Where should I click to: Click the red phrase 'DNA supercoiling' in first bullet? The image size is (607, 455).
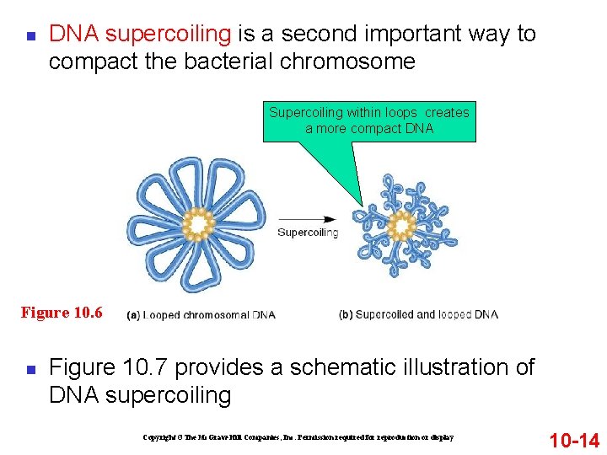click(140, 35)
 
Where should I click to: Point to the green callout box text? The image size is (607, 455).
click(369, 120)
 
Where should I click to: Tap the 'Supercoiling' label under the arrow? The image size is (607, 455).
click(308, 233)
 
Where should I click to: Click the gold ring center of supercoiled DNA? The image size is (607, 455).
click(402, 226)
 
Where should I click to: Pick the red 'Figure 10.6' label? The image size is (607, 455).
click(62, 313)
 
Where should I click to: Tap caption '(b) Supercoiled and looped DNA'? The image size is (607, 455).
click(418, 315)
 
